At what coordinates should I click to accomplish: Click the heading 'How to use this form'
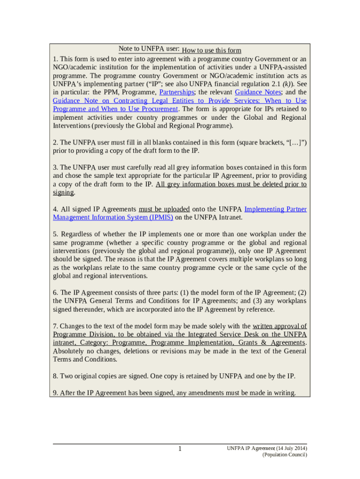(211, 51)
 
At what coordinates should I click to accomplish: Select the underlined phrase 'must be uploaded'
(164, 209)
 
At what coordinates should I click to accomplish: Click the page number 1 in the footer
(180, 450)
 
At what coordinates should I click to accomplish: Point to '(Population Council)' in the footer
(285, 455)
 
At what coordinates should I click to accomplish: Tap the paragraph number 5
(55, 234)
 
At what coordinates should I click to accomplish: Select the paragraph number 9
(55, 393)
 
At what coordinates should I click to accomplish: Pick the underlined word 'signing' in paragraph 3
(64, 192)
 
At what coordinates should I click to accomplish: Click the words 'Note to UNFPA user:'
(149, 49)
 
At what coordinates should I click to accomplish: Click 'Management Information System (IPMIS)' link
(113, 217)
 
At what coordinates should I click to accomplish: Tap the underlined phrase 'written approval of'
(280, 326)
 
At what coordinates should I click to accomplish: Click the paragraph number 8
(55, 376)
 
